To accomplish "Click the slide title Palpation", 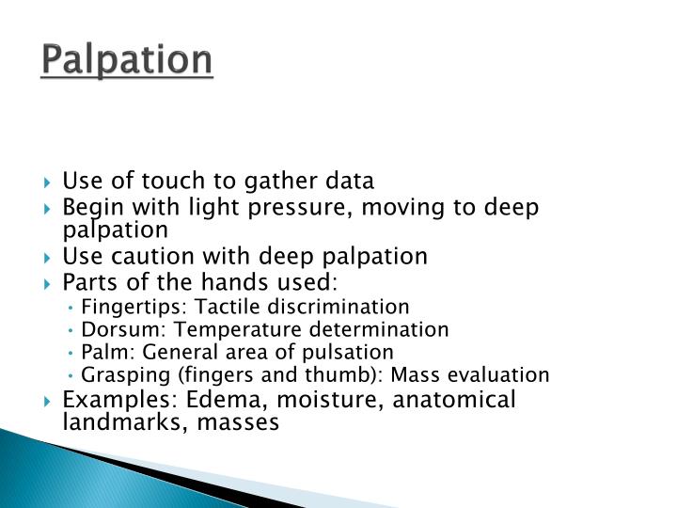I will click(128, 59).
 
